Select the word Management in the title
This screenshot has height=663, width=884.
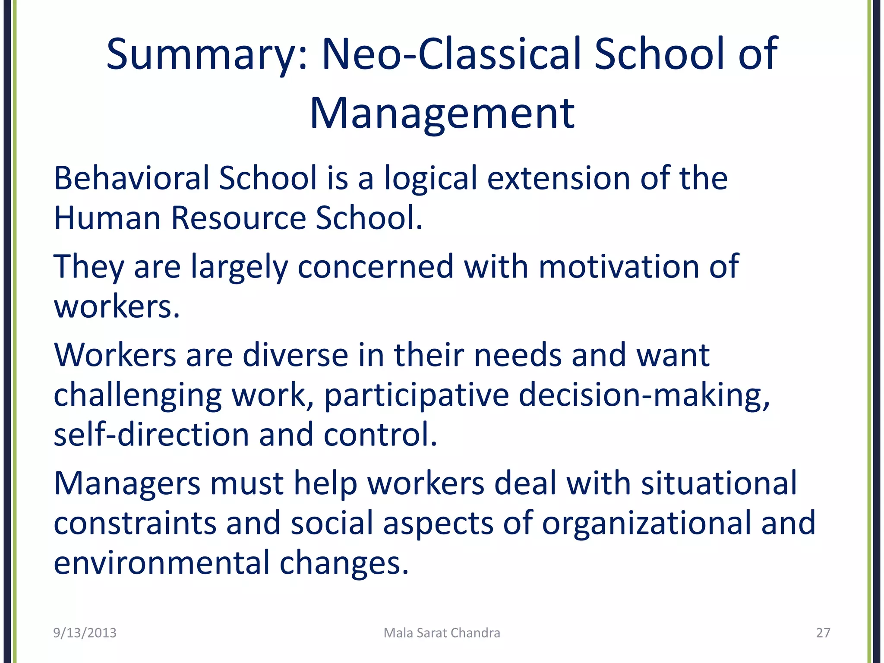[x=442, y=114]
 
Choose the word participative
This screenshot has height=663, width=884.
[x=417, y=395]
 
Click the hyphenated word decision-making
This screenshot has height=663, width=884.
[x=644, y=395]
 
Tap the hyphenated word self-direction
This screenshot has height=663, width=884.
[x=152, y=435]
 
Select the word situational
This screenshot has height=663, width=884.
[x=719, y=483]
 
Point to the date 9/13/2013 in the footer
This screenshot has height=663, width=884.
[x=85, y=633]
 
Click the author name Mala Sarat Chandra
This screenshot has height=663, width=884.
[x=442, y=633]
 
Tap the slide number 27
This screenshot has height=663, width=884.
[x=823, y=633]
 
